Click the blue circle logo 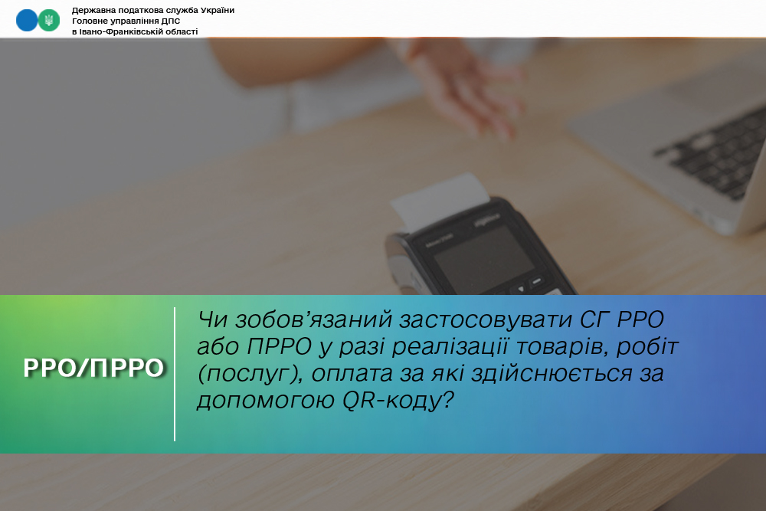point(27,20)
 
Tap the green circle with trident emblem point(49,20)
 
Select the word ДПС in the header point(171,21)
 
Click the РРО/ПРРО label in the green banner point(93,368)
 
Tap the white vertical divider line point(175,374)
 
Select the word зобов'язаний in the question point(313,320)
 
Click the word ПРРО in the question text point(280,347)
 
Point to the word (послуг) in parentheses point(250,374)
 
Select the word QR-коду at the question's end point(398,401)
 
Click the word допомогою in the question point(266,401)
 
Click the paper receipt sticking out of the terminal point(440,200)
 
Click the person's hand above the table point(469,88)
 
